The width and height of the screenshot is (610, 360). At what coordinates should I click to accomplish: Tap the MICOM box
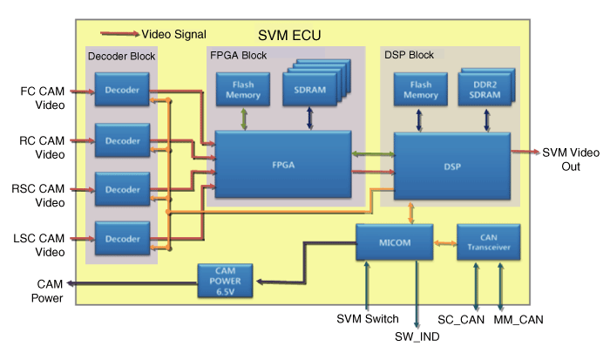coord(395,241)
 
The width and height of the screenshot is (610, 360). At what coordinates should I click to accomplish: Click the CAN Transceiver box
coord(488,241)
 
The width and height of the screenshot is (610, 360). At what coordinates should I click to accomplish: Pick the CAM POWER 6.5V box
coord(225,279)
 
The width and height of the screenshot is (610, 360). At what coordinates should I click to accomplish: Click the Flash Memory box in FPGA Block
coord(243,90)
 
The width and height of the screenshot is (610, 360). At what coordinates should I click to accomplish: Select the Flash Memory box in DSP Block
coord(420,90)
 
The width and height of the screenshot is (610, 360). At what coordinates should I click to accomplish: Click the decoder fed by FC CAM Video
coord(122,91)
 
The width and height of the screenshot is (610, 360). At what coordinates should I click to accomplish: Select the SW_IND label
coord(417,336)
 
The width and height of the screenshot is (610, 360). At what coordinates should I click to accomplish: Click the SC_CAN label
coord(461,320)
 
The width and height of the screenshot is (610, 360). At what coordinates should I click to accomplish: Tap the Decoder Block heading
coord(122,57)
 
